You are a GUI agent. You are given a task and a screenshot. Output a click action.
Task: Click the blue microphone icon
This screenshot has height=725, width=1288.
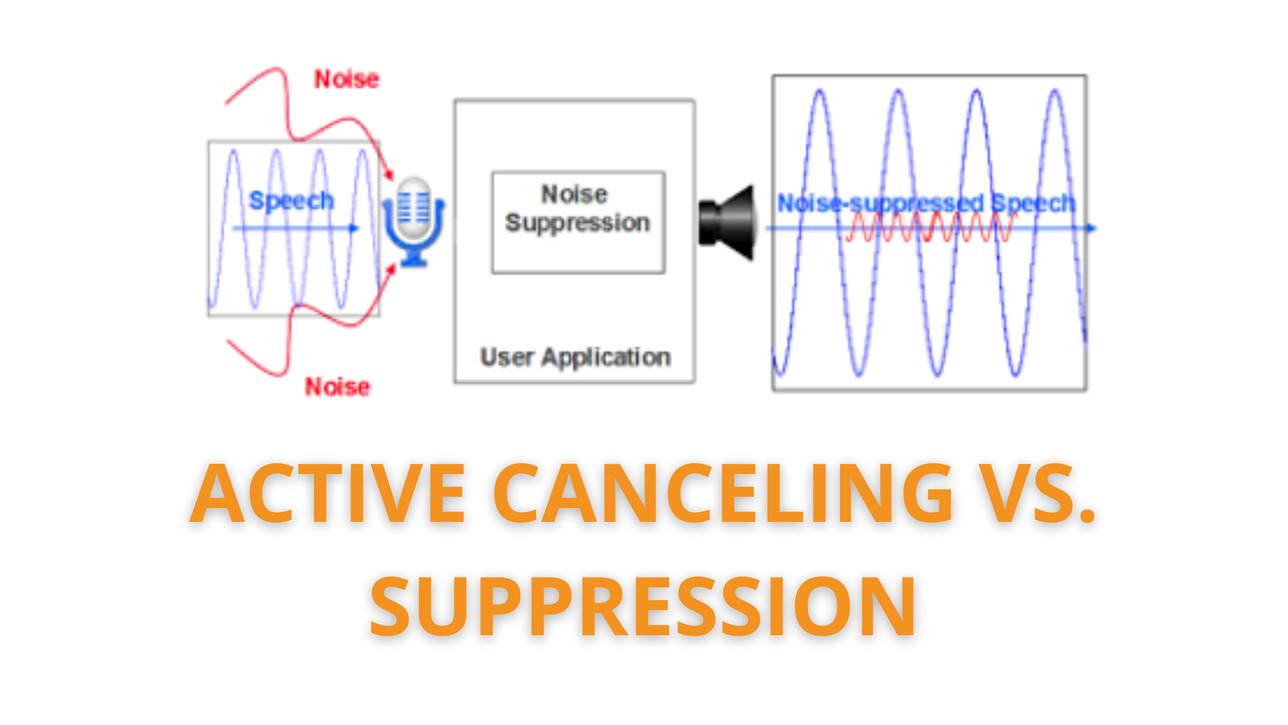pos(414,222)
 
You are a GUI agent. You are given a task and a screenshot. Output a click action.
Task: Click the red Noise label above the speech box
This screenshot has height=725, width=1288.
pos(347,79)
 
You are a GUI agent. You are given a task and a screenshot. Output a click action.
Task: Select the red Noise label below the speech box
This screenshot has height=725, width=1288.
pos(338,387)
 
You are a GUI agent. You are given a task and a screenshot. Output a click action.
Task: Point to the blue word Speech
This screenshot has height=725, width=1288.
pos(292,201)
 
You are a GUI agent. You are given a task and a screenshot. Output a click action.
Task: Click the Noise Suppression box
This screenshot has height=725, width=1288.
pos(578,222)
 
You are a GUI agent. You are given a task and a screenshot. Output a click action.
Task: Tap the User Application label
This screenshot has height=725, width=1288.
pos(576,357)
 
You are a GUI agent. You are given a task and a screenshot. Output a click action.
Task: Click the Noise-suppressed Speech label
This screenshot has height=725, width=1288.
pos(926,203)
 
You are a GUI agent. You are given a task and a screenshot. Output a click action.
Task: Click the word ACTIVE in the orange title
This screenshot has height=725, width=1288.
pos(328,494)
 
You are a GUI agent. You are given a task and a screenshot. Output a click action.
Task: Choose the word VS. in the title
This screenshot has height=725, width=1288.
pos(1038,494)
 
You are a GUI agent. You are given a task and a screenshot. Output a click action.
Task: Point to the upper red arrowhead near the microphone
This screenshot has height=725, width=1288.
pos(390,173)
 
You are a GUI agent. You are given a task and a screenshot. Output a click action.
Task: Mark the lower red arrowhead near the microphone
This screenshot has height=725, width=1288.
pos(390,270)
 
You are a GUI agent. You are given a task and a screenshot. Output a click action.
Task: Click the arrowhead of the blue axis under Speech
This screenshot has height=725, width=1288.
pos(354,228)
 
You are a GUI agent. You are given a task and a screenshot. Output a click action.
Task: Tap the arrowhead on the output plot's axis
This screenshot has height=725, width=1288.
pos(1091,228)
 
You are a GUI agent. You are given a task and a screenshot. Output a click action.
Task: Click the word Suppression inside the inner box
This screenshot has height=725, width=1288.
pos(578,223)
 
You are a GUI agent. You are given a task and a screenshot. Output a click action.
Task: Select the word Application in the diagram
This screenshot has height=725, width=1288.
pos(607,358)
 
